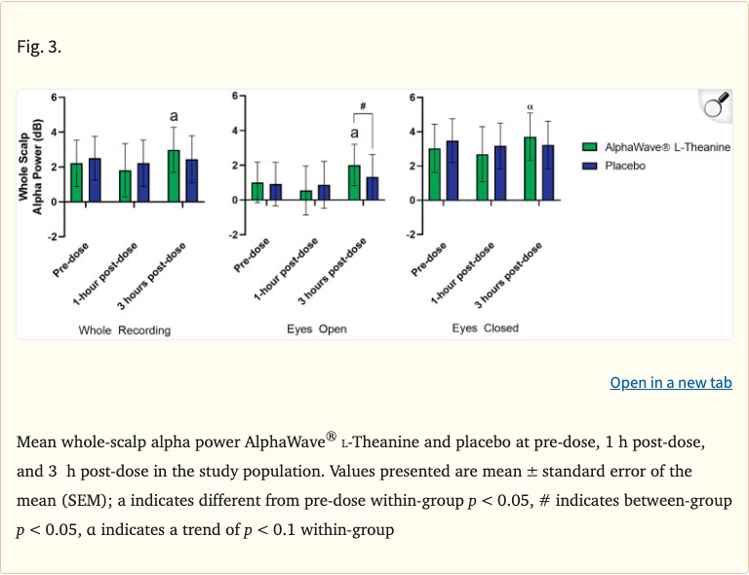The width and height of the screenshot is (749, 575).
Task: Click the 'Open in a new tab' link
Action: coord(670,383)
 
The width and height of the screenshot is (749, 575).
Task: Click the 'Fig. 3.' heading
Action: coord(39,47)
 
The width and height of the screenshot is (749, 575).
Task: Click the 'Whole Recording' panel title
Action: coord(125,330)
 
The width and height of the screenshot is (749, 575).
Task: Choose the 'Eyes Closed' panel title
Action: coord(485,328)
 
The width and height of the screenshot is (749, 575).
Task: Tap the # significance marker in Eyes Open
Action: coord(362,106)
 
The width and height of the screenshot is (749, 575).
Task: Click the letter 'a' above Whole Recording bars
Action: coord(174,116)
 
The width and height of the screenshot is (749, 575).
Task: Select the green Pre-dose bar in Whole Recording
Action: coord(76,182)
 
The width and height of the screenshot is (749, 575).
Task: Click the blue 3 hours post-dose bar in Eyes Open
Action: coord(372,188)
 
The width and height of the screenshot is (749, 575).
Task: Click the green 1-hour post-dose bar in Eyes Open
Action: coord(306,195)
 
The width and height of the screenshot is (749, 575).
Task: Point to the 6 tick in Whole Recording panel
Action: coord(56,97)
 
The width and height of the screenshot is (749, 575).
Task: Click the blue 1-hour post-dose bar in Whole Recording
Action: coord(143,182)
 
